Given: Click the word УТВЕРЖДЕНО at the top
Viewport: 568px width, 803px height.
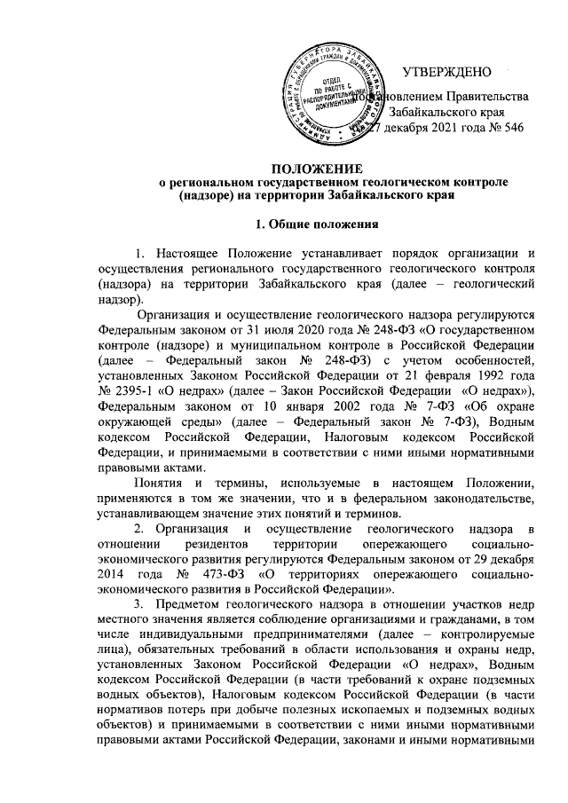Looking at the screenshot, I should (x=454, y=71).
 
